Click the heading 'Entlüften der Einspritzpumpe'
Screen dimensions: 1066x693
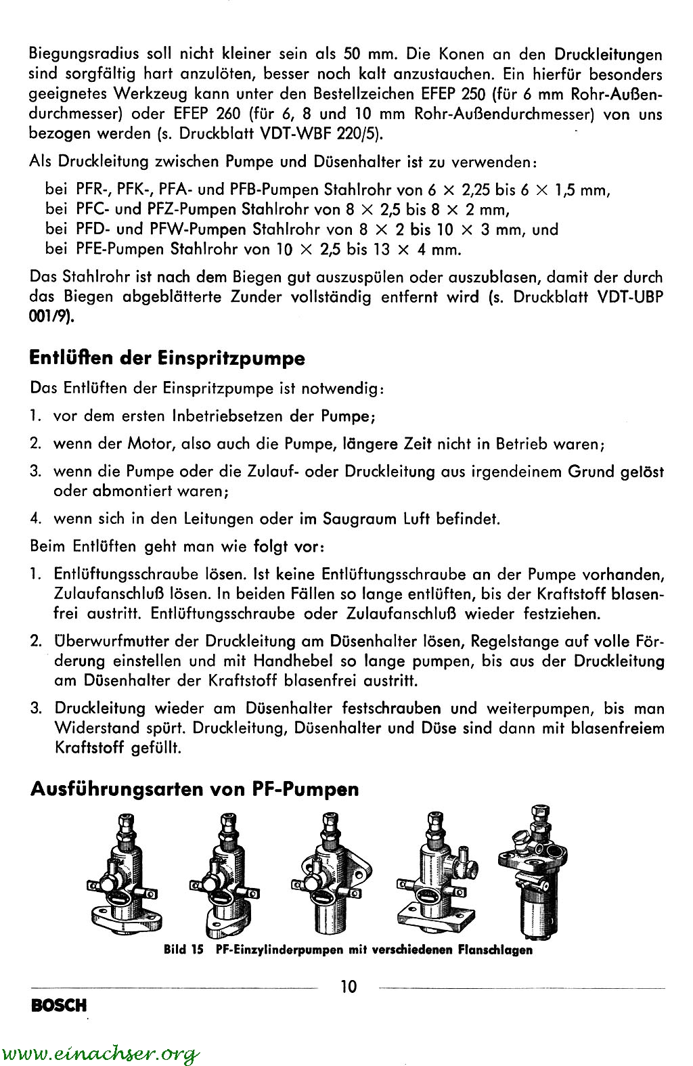coord(167,358)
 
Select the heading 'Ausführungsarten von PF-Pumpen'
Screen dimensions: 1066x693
coord(194,789)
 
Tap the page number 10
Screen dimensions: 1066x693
coord(349,986)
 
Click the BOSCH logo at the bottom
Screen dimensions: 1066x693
coord(59,1005)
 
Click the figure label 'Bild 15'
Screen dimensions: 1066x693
coord(183,950)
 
